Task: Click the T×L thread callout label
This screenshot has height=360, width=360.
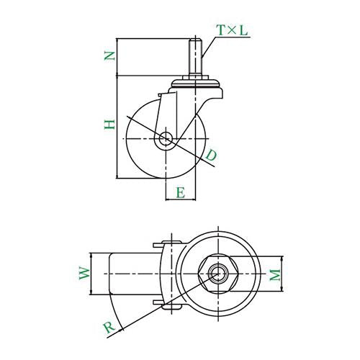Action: [x=232, y=30]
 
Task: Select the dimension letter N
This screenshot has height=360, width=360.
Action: [x=109, y=56]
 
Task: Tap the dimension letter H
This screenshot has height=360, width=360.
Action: [x=109, y=124]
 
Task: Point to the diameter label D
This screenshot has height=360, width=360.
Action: [x=211, y=155]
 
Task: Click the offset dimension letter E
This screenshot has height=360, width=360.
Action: [x=181, y=193]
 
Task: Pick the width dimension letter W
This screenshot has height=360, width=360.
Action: [x=84, y=273]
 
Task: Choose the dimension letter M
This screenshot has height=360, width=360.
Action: [x=275, y=275]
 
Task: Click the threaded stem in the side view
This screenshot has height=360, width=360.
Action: [x=195, y=58]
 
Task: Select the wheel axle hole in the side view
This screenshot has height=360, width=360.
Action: [x=166, y=139]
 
